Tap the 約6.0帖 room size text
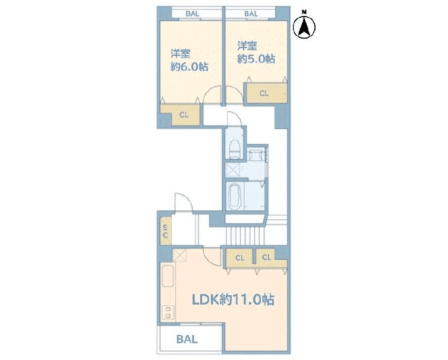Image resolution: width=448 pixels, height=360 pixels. point(189,67)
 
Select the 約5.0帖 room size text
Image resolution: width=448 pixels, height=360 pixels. point(256,59)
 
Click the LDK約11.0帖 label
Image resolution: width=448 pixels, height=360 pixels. point(232,300)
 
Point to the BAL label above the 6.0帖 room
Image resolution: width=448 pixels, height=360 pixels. point(193,14)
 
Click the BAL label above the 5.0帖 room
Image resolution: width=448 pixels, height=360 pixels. point(251,14)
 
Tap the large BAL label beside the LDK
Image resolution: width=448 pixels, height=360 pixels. point(187,339)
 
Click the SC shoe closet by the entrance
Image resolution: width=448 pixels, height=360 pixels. point(165,231)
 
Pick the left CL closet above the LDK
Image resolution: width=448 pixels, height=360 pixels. point(239,258)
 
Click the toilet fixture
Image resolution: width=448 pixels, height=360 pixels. point(234,149)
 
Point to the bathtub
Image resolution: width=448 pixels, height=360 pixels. point(234,195)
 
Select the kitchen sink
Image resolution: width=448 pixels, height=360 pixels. point(168,276)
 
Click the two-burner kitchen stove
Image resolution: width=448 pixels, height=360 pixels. point(168,312)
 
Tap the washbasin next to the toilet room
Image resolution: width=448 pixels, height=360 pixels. point(254,155)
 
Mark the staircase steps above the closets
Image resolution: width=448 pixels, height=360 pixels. point(245,236)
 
